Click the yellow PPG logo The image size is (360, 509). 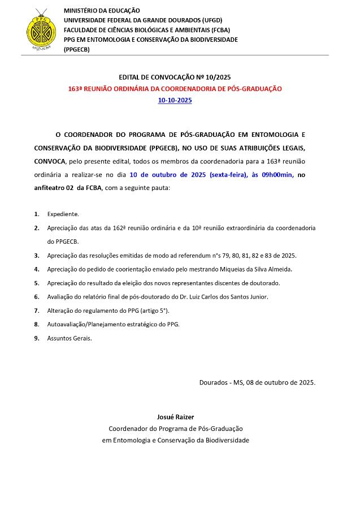pyautogui.click(x=38, y=31)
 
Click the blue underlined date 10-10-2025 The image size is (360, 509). pyautogui.click(x=175, y=100)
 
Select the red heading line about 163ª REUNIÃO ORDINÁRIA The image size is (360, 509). pyautogui.click(x=175, y=89)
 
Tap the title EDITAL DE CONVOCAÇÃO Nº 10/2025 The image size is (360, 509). pyautogui.click(x=175, y=77)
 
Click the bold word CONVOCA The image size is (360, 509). pyautogui.click(x=49, y=161)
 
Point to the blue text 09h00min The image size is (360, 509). pyautogui.click(x=277, y=175)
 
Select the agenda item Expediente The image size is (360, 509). pyautogui.click(x=63, y=214)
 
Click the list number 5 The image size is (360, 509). pyautogui.click(x=37, y=283)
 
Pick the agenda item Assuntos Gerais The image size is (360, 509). pyautogui.click(x=69, y=338)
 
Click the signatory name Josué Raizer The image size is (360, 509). pyautogui.click(x=175, y=417)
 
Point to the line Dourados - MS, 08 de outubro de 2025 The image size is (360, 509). pyautogui.click(x=257, y=382)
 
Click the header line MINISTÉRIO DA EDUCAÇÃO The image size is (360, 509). pyautogui.click(x=102, y=11)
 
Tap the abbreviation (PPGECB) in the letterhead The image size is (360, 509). pyautogui.click(x=77, y=49)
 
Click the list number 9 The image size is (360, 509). pyautogui.click(x=37, y=338)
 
